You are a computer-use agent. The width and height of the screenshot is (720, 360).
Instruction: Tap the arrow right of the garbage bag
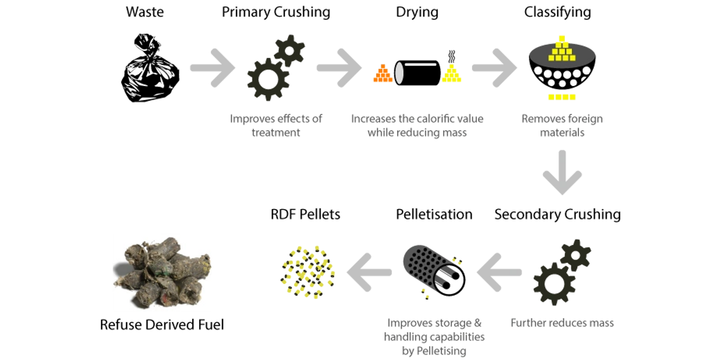click(213, 68)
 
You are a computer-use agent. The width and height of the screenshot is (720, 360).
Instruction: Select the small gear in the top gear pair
click(289, 51)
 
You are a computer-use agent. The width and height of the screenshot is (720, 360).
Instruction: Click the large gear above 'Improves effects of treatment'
click(267, 79)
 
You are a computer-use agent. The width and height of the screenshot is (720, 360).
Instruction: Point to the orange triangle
click(383, 74)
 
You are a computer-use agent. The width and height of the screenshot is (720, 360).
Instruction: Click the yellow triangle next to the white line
click(451, 74)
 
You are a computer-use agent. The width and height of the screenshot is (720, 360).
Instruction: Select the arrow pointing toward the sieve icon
click(494, 68)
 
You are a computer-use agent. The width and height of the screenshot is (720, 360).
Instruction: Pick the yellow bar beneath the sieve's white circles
click(562, 96)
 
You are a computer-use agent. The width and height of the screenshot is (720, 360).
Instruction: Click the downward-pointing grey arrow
click(561, 173)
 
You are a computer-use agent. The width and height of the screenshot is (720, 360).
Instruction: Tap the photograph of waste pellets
click(163, 272)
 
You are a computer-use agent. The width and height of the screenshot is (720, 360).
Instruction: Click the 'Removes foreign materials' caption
click(561, 125)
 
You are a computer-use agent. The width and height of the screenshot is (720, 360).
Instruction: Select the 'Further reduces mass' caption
click(561, 323)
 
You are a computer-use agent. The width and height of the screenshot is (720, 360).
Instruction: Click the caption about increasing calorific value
click(417, 125)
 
